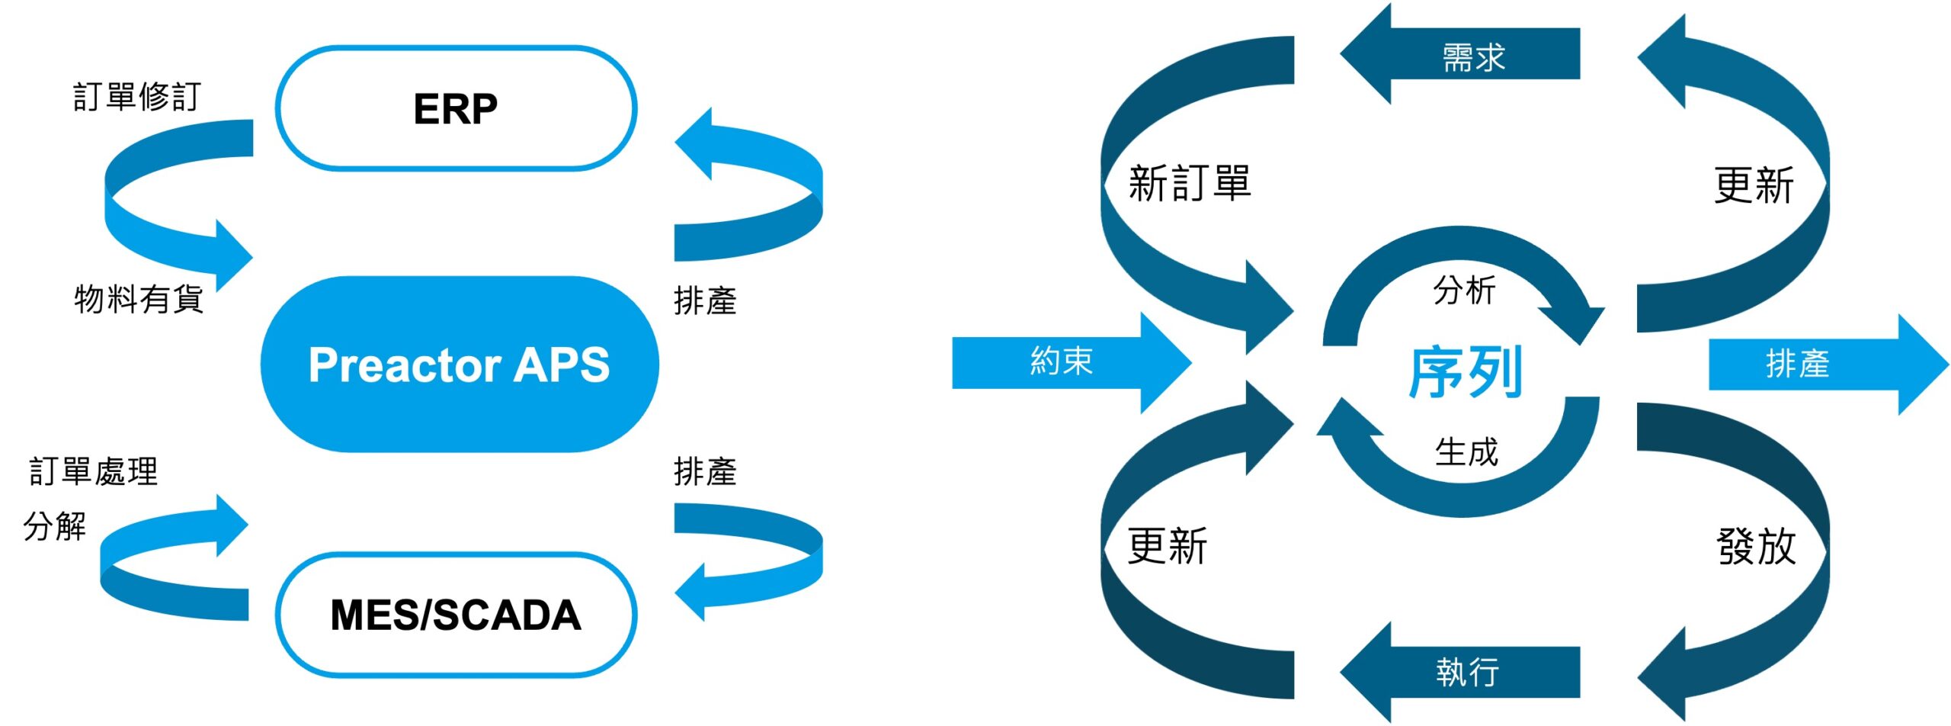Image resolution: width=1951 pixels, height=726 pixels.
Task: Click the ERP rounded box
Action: [x=456, y=108]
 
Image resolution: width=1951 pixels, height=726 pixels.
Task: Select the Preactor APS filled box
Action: [x=459, y=365]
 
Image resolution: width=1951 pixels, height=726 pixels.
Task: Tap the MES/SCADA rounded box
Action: [x=456, y=615]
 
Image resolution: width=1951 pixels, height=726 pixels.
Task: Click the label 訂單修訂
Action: [x=137, y=97]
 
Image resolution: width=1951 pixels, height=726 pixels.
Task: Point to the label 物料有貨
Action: [x=139, y=298]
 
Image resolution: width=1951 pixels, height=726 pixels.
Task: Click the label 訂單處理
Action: [x=94, y=471]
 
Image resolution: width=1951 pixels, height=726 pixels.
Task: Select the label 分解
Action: [x=55, y=526]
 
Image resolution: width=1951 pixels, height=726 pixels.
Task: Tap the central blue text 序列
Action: [x=1465, y=372]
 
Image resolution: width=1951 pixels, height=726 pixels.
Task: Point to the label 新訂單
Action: [x=1189, y=184]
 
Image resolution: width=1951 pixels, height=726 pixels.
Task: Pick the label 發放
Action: [x=1756, y=546]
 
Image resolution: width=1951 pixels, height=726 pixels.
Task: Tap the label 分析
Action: [x=1464, y=291]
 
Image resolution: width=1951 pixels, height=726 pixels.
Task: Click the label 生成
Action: [x=1466, y=452]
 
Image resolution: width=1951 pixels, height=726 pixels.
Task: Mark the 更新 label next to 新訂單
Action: [x=1167, y=546]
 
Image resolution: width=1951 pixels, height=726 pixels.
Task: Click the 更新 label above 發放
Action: [x=1754, y=185]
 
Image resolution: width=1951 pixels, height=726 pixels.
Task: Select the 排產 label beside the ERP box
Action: [x=705, y=300]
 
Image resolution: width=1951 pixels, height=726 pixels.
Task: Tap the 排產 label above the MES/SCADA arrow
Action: [x=705, y=471]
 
